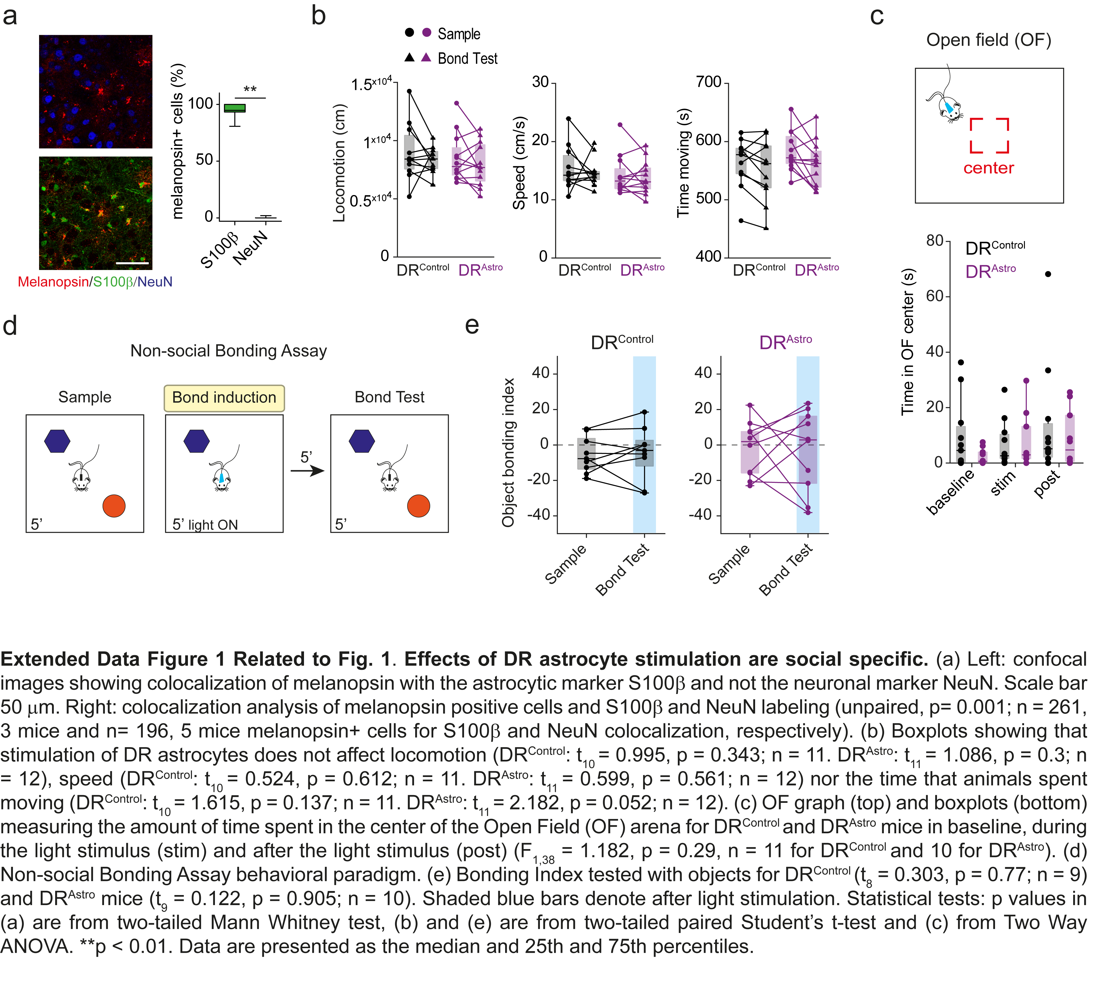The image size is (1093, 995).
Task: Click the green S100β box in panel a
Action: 235,108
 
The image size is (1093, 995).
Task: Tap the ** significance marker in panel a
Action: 250,89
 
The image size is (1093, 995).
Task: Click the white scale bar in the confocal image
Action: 132,263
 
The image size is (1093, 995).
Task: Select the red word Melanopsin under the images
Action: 53,282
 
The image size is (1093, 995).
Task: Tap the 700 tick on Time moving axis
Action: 708,82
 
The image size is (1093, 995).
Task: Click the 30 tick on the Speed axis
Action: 540,82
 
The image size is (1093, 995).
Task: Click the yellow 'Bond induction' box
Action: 224,398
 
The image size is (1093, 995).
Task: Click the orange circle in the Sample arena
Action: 114,506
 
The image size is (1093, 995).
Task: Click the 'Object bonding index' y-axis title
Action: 508,452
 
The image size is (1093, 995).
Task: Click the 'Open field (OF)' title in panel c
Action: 988,40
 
